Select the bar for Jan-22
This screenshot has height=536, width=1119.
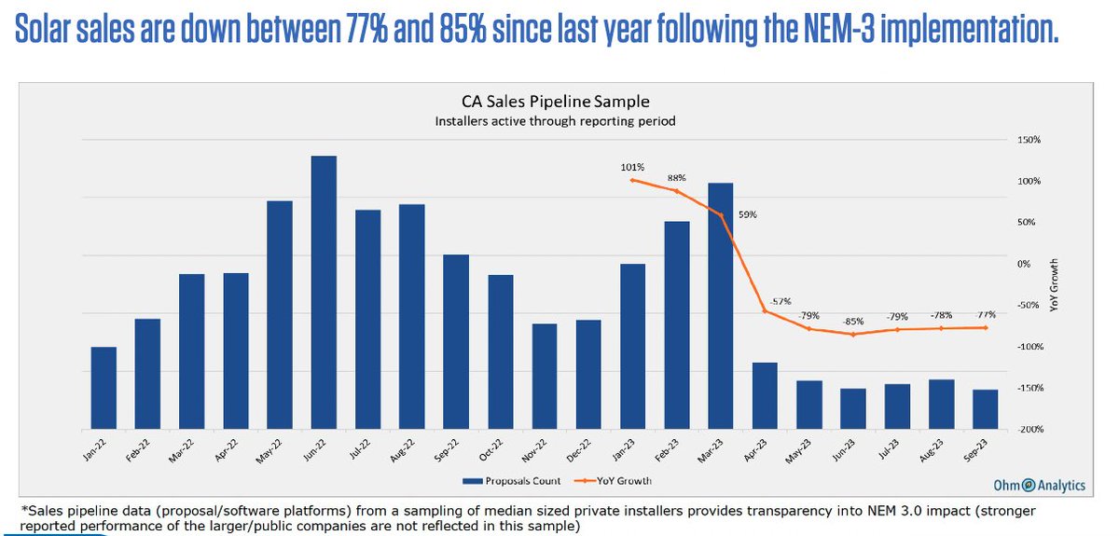click(104, 388)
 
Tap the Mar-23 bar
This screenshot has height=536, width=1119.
click(721, 306)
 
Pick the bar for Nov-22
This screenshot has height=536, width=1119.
click(545, 376)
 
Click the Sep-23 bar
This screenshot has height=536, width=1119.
click(985, 409)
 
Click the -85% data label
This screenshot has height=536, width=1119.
click(851, 322)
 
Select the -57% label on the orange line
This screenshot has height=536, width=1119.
click(781, 301)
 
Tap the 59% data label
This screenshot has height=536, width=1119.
click(748, 214)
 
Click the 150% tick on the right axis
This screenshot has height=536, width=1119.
click(1029, 140)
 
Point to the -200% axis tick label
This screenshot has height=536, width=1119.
click(1029, 430)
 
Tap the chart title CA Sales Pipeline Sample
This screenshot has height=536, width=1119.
click(557, 102)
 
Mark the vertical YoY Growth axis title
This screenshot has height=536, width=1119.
click(1055, 283)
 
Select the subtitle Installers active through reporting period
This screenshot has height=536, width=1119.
click(557, 121)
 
